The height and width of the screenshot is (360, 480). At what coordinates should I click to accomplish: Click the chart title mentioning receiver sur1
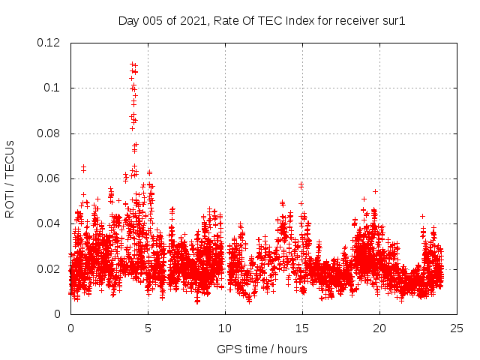[x=262, y=20]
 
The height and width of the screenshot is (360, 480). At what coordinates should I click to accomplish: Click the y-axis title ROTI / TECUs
[x=10, y=178]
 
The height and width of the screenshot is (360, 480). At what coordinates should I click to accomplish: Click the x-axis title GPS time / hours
[x=262, y=349]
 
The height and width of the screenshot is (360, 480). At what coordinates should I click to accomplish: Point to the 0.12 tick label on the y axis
[x=49, y=43]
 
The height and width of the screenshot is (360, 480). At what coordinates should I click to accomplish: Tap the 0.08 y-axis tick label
[x=49, y=133]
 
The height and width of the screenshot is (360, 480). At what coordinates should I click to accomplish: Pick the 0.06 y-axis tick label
[x=49, y=178]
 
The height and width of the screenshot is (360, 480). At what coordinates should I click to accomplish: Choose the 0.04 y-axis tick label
[x=49, y=223]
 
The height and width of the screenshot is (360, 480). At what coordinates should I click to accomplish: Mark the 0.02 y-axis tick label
[x=49, y=268]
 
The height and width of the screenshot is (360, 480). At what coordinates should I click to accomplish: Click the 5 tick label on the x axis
[x=148, y=328]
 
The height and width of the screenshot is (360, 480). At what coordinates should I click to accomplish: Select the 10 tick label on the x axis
[x=225, y=328]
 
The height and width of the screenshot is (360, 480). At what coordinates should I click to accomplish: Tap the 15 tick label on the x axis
[x=302, y=328]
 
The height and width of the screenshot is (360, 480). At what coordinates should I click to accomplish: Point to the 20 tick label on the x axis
[x=379, y=328]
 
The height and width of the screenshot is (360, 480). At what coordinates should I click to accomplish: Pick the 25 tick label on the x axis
[x=457, y=328]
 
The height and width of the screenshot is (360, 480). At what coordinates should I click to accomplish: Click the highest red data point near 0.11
[x=132, y=64]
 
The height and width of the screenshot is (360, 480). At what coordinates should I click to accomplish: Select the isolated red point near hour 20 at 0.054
[x=375, y=191]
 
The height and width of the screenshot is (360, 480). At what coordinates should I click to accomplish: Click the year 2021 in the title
[x=193, y=20]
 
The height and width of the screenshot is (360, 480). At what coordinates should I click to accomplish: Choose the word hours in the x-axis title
[x=290, y=349]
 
